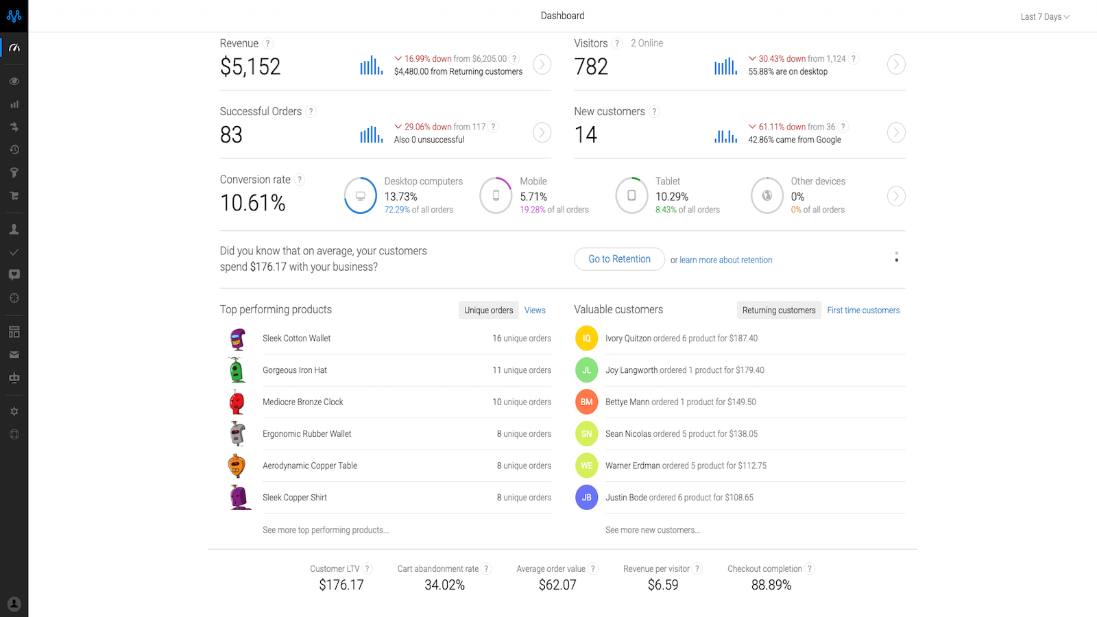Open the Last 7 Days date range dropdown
[x=1044, y=16]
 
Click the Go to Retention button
[x=619, y=259]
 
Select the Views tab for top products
[x=535, y=311]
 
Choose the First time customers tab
[x=863, y=311]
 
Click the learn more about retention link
[x=725, y=260]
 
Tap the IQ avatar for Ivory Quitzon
[x=586, y=338]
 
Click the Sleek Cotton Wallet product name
[x=296, y=339]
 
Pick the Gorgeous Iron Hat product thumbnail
[x=237, y=370]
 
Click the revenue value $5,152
[x=250, y=66]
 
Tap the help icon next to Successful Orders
[x=311, y=112]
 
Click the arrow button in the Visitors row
[x=896, y=64]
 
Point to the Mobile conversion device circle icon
[x=496, y=195]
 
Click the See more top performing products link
[x=325, y=530]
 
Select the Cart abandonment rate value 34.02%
[x=444, y=585]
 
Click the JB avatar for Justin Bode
[x=586, y=498]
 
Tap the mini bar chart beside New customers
[x=725, y=136]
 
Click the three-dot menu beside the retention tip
[x=896, y=257]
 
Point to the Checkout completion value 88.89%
[x=771, y=585]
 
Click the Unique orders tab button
[x=488, y=311]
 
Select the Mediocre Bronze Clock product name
[x=302, y=402]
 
